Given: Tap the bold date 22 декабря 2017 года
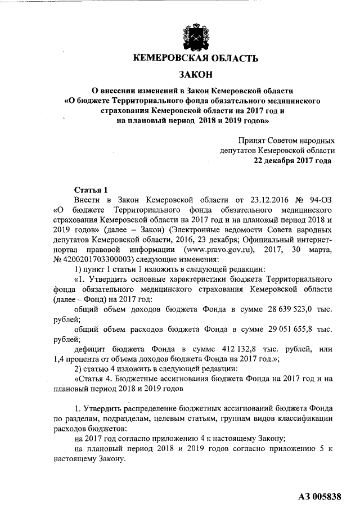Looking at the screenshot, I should pyautogui.click(x=292, y=160).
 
